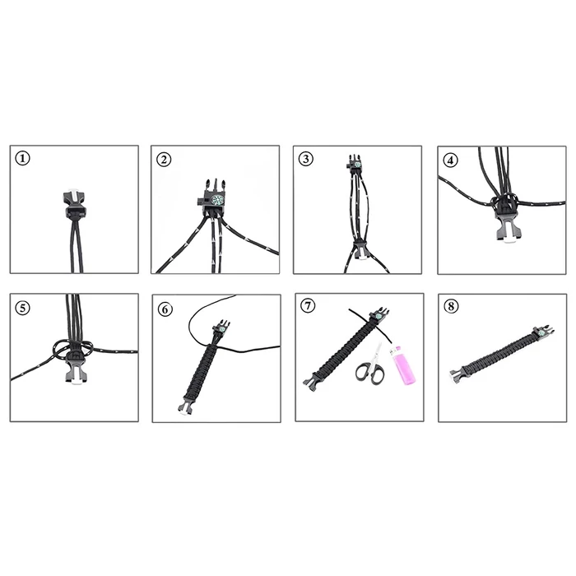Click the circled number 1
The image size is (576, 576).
point(22,158)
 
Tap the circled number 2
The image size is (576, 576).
point(164,160)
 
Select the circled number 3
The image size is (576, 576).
point(306,159)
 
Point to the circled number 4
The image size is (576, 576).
point(451,160)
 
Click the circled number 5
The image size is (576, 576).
point(23,308)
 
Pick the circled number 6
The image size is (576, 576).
point(165,309)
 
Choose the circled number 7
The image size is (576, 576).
point(308,305)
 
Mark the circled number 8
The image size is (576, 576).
point(451,306)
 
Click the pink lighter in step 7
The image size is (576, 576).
point(403,365)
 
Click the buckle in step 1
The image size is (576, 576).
point(75,204)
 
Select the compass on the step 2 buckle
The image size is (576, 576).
point(217,200)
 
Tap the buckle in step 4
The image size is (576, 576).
point(507,223)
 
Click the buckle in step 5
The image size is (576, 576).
point(77,368)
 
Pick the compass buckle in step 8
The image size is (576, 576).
point(542,332)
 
